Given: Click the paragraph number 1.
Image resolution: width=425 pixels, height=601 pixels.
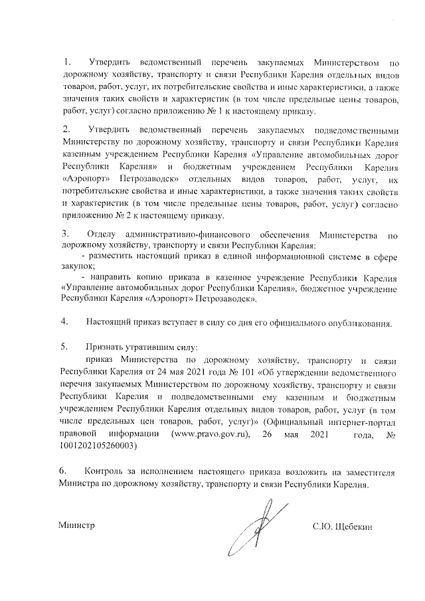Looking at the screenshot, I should [65, 62].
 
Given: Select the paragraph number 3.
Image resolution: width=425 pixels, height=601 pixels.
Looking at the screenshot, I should [65, 234].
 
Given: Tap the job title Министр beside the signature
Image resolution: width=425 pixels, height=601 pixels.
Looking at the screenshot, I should [77, 526].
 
